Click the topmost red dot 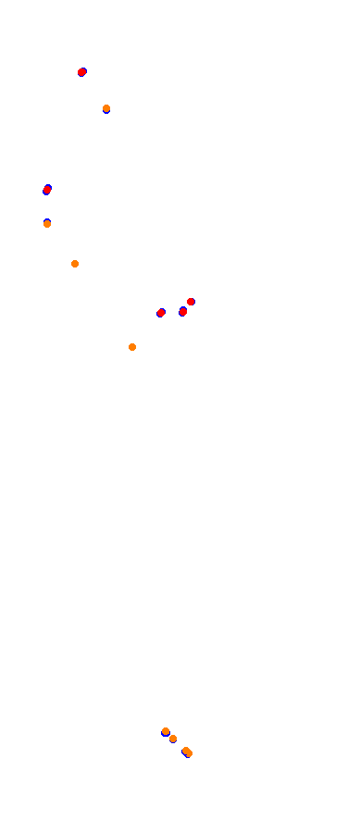(82, 72)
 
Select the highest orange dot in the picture (106, 108)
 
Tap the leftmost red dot (47, 190)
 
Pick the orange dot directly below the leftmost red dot (47, 224)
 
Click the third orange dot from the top (75, 264)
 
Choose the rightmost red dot (191, 302)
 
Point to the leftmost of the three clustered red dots (161, 313)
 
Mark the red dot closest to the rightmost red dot (183, 312)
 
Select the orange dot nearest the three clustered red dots (132, 347)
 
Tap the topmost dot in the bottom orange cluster (166, 731)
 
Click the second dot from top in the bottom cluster (173, 739)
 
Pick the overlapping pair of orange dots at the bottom (187, 752)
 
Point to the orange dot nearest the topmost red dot (106, 108)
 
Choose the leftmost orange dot (47, 224)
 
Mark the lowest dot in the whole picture (189, 753)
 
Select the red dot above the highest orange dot (82, 72)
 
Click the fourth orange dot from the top (132, 347)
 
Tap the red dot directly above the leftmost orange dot (47, 190)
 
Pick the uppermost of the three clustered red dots (191, 302)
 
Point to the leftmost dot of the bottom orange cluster (166, 731)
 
